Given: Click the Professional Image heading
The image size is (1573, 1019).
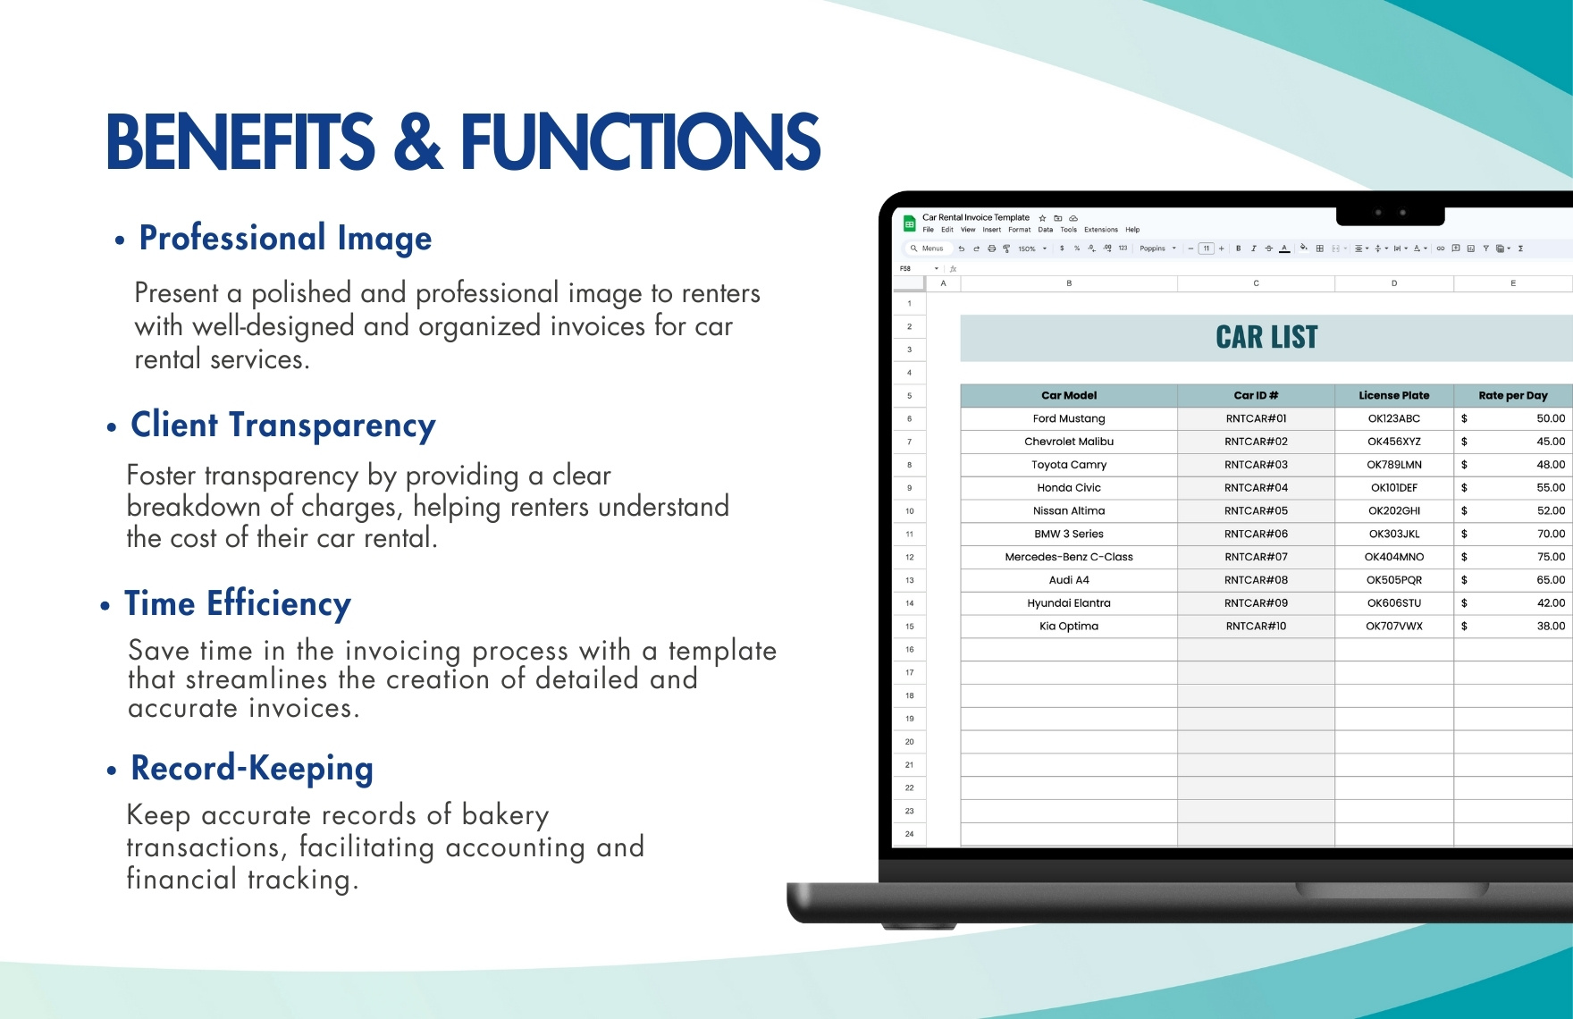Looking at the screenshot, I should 285,238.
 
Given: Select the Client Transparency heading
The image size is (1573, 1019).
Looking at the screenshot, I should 282,425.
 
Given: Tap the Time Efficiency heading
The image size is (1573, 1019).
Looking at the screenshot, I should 237,604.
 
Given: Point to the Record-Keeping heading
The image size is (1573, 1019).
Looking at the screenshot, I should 252,769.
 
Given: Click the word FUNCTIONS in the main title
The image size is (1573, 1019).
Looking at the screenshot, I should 640,142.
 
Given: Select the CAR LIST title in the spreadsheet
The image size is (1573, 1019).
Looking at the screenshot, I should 1266,338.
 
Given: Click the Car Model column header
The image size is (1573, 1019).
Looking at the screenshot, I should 1069,395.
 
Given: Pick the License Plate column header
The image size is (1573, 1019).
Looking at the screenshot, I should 1393,395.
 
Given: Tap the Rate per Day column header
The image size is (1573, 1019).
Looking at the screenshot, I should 1512,395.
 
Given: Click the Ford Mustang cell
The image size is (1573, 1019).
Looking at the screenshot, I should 1069,418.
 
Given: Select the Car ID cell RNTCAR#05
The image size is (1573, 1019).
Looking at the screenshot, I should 1256,510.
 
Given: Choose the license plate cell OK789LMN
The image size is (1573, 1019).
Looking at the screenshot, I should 1393,465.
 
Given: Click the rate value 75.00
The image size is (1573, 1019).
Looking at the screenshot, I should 1551,557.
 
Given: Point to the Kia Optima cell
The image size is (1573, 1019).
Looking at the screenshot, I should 1069,626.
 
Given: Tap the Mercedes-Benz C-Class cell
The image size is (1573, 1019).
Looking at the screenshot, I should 1069,557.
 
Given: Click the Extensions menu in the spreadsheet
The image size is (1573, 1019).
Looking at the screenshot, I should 1100,230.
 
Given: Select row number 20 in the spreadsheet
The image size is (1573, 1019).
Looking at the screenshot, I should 909,742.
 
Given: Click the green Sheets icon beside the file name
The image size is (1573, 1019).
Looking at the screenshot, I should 909,223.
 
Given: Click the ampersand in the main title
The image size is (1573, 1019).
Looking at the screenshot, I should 417,142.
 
